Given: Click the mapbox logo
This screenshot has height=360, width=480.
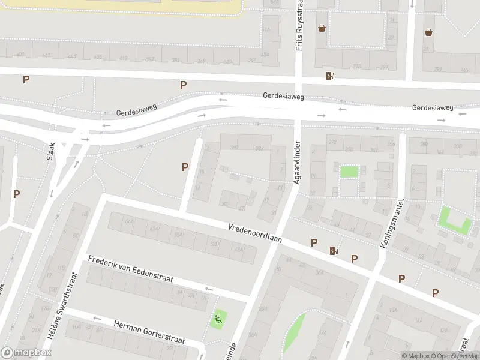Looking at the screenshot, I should coord(26,353).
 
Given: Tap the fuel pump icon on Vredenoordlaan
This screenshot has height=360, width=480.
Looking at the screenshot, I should coord(334,250).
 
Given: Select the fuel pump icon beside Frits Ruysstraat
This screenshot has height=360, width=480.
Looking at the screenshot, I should coord(329,76).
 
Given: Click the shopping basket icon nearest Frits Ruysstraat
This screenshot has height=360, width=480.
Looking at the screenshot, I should coord(322,28).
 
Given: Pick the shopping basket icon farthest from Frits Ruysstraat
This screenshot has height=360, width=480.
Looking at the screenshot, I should coord(429,32).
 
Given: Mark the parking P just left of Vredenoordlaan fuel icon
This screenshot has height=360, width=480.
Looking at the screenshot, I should coord(314,242).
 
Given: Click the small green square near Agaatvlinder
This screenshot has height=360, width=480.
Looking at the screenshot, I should coord(349,172).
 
